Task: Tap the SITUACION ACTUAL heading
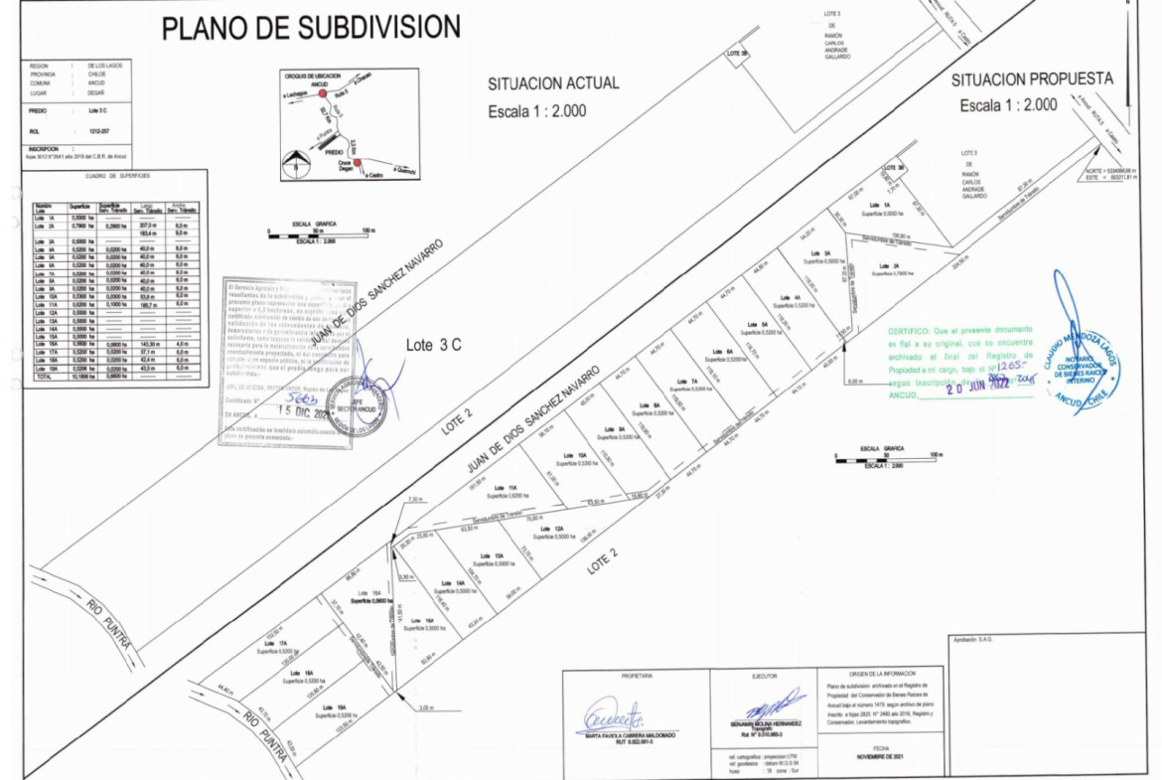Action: [x=552, y=83]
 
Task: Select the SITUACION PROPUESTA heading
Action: [x=1032, y=79]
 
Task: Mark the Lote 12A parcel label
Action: [x=559, y=529]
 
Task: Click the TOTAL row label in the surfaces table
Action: [x=42, y=378]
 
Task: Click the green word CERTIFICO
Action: [x=908, y=329]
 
